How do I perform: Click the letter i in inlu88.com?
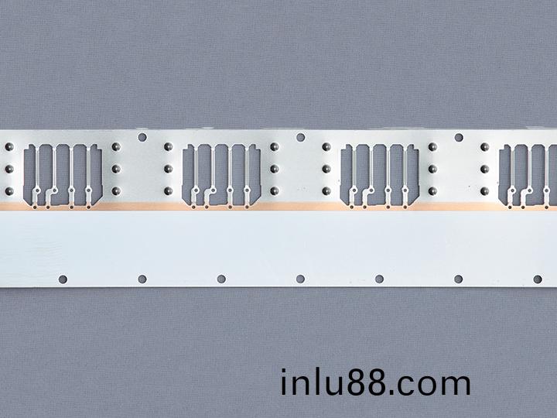(x=283, y=382)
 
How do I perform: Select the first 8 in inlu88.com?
(x=357, y=383)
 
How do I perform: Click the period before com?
(x=391, y=392)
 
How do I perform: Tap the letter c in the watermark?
(x=405, y=385)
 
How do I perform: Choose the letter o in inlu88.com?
(x=427, y=385)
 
